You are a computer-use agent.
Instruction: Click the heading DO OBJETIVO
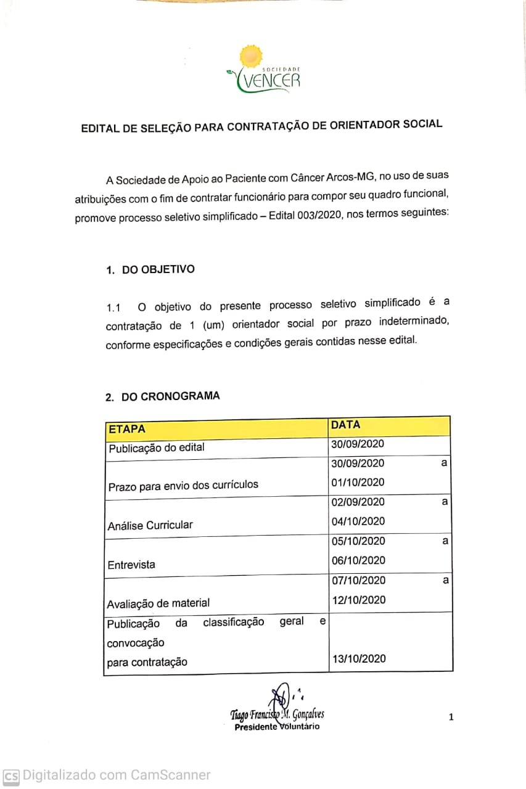point(158,269)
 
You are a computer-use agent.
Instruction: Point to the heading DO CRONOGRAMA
point(170,396)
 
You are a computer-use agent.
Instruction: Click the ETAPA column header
point(127,429)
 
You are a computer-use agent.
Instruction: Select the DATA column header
point(345,425)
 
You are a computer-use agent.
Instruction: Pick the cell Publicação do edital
point(157,448)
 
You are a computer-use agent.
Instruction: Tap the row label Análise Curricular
point(150,525)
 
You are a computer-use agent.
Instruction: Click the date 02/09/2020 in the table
point(358,502)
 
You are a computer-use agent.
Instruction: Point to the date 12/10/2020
point(358,600)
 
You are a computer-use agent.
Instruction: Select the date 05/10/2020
point(358,541)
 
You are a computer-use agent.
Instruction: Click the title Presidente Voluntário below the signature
point(277,727)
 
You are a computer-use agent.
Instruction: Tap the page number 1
point(451,716)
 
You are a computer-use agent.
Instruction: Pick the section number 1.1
point(113,307)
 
